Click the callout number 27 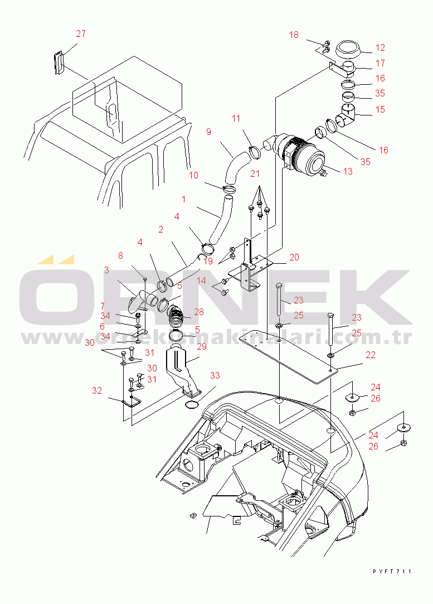81,33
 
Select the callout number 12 380,48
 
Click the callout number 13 348,171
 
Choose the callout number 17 380,63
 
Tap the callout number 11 236,118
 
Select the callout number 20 294,257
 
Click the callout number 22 370,355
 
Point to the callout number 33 215,375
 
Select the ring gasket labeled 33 192,404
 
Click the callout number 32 97,390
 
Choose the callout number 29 202,347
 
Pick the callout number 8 120,256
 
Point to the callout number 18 294,35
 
